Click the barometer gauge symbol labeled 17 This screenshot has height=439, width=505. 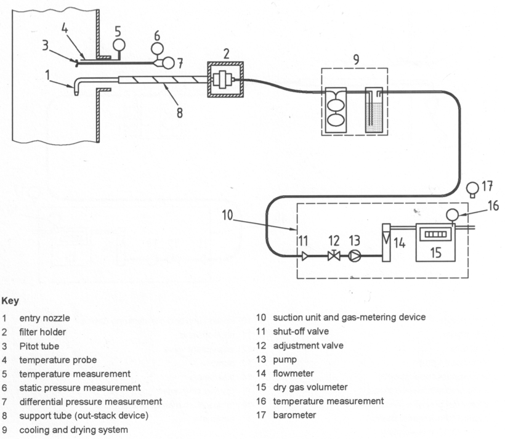pos(472,187)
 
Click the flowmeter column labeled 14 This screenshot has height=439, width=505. pos(386,241)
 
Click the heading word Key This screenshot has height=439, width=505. pos(10,302)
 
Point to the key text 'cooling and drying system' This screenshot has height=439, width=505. pos(73,429)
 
